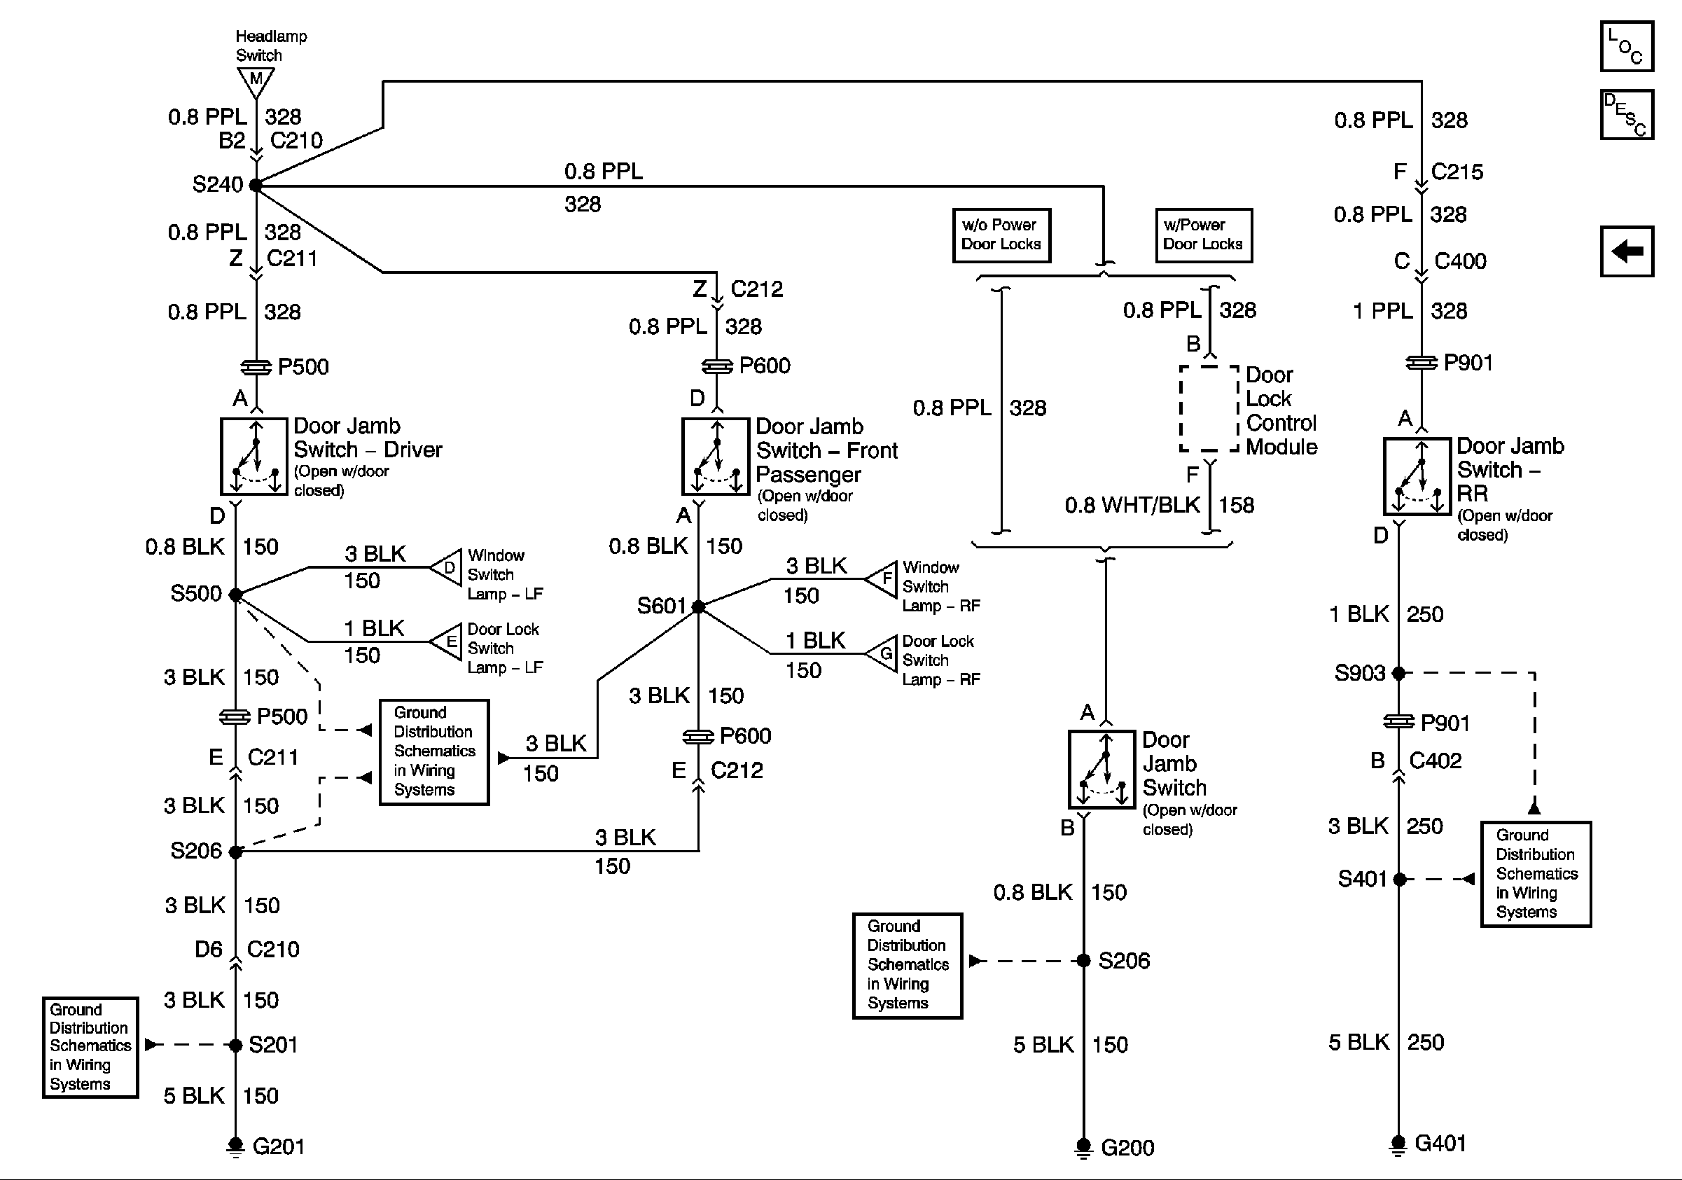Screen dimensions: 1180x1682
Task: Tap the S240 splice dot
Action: [256, 186]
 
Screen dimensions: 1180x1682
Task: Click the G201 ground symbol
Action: [235, 1146]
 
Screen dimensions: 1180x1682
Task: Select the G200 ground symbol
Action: [1083, 1147]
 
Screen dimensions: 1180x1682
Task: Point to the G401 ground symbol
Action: [1398, 1144]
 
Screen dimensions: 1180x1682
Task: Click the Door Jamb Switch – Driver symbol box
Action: [254, 457]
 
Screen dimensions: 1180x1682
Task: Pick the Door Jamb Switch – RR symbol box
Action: [1417, 476]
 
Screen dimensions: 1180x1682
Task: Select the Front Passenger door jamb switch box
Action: [716, 457]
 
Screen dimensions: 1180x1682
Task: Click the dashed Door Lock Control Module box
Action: [1209, 408]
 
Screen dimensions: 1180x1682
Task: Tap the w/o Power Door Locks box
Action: [1001, 235]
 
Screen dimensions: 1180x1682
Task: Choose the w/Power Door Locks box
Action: [1203, 235]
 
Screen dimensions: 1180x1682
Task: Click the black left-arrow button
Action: [1626, 251]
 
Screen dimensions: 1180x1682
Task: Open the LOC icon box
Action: [1626, 46]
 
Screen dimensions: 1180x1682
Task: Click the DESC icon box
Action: [1626, 114]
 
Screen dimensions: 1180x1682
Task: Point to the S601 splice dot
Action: [698, 606]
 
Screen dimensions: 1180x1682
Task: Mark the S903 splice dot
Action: [1398, 672]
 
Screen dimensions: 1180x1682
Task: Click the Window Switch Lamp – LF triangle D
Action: [447, 568]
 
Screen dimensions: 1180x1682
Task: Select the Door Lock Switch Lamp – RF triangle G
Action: [883, 653]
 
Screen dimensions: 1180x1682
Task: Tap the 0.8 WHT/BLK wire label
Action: [1132, 505]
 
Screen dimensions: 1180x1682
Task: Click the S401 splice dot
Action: [1399, 879]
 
